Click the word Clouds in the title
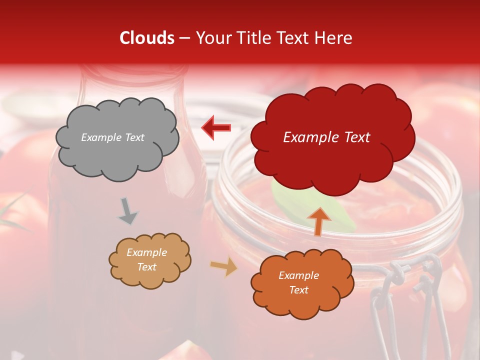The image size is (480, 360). pyautogui.click(x=147, y=38)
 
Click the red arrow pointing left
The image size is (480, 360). pyautogui.click(x=216, y=127)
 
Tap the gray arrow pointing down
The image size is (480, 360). pyautogui.click(x=128, y=211)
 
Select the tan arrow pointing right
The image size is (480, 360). pyautogui.click(x=224, y=266)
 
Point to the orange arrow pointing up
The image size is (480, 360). pyautogui.click(x=319, y=221)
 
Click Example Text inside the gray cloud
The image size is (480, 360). pyautogui.click(x=112, y=137)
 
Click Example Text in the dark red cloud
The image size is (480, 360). pyautogui.click(x=326, y=137)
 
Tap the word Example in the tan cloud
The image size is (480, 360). pyautogui.click(x=146, y=252)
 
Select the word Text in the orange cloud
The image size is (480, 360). pyautogui.click(x=298, y=290)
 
